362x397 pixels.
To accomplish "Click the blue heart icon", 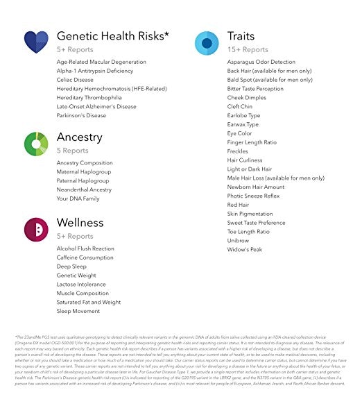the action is coord(36,42).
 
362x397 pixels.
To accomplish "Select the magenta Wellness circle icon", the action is coord(36,228).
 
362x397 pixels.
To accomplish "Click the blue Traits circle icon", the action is coord(207,43).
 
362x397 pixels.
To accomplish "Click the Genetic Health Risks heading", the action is coord(114,35).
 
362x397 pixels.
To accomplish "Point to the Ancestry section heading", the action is coord(79,136).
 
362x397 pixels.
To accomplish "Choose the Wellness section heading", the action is coord(80,223).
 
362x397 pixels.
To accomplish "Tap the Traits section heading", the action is coord(241,35).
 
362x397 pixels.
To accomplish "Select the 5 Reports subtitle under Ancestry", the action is coord(73,151).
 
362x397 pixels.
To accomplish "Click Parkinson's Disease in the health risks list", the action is coord(81,116).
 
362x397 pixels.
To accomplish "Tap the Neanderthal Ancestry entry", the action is coord(84,189).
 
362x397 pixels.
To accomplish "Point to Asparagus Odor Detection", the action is coord(261,62).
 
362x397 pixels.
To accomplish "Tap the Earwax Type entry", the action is coord(243,124).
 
